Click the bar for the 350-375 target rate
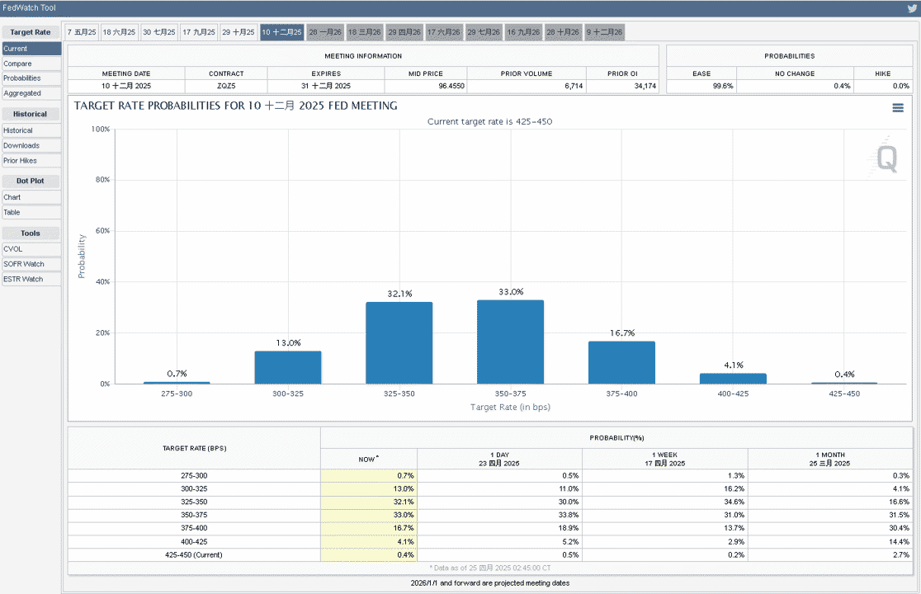click(x=510, y=342)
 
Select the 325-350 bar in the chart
click(x=399, y=342)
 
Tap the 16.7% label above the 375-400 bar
click(x=622, y=332)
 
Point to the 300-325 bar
click(x=288, y=367)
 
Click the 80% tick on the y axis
click(x=103, y=180)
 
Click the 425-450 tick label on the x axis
click(x=844, y=394)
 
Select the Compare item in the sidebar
click(x=31, y=64)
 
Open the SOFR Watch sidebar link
click(x=31, y=264)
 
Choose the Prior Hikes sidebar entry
click(x=31, y=161)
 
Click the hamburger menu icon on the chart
click(x=898, y=108)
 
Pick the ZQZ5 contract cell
click(x=226, y=86)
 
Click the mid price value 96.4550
click(x=451, y=86)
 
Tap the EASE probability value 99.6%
click(x=723, y=86)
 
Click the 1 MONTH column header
click(x=830, y=459)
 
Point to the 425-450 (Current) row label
click(x=194, y=554)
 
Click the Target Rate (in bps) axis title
click(x=510, y=407)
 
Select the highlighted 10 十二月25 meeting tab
click(x=282, y=32)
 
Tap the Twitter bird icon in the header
click(x=912, y=8)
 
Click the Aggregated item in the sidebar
click(x=31, y=93)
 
